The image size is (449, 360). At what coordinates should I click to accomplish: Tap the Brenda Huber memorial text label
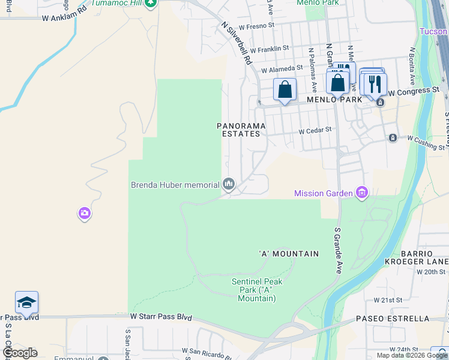coord(175,185)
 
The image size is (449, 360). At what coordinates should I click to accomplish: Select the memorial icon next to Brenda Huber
coord(229,184)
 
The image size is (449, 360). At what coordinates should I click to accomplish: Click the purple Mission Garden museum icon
coord(362,193)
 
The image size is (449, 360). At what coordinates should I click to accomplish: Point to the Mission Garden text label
coord(324,193)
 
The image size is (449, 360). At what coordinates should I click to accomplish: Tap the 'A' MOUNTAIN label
coord(289,254)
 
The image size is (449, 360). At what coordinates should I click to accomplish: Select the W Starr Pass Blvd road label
coord(161,316)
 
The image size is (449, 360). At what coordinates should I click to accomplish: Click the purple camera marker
coord(85,213)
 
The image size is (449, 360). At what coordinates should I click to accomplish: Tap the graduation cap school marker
coord(27,302)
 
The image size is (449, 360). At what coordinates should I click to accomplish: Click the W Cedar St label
coord(316,130)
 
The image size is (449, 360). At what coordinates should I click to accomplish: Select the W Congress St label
coord(414,91)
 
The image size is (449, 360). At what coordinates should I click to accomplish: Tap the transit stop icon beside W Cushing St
coord(393,138)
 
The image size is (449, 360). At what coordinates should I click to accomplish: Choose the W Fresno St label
coord(256,26)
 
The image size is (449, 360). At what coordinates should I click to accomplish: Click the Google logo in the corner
coord(20,352)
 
